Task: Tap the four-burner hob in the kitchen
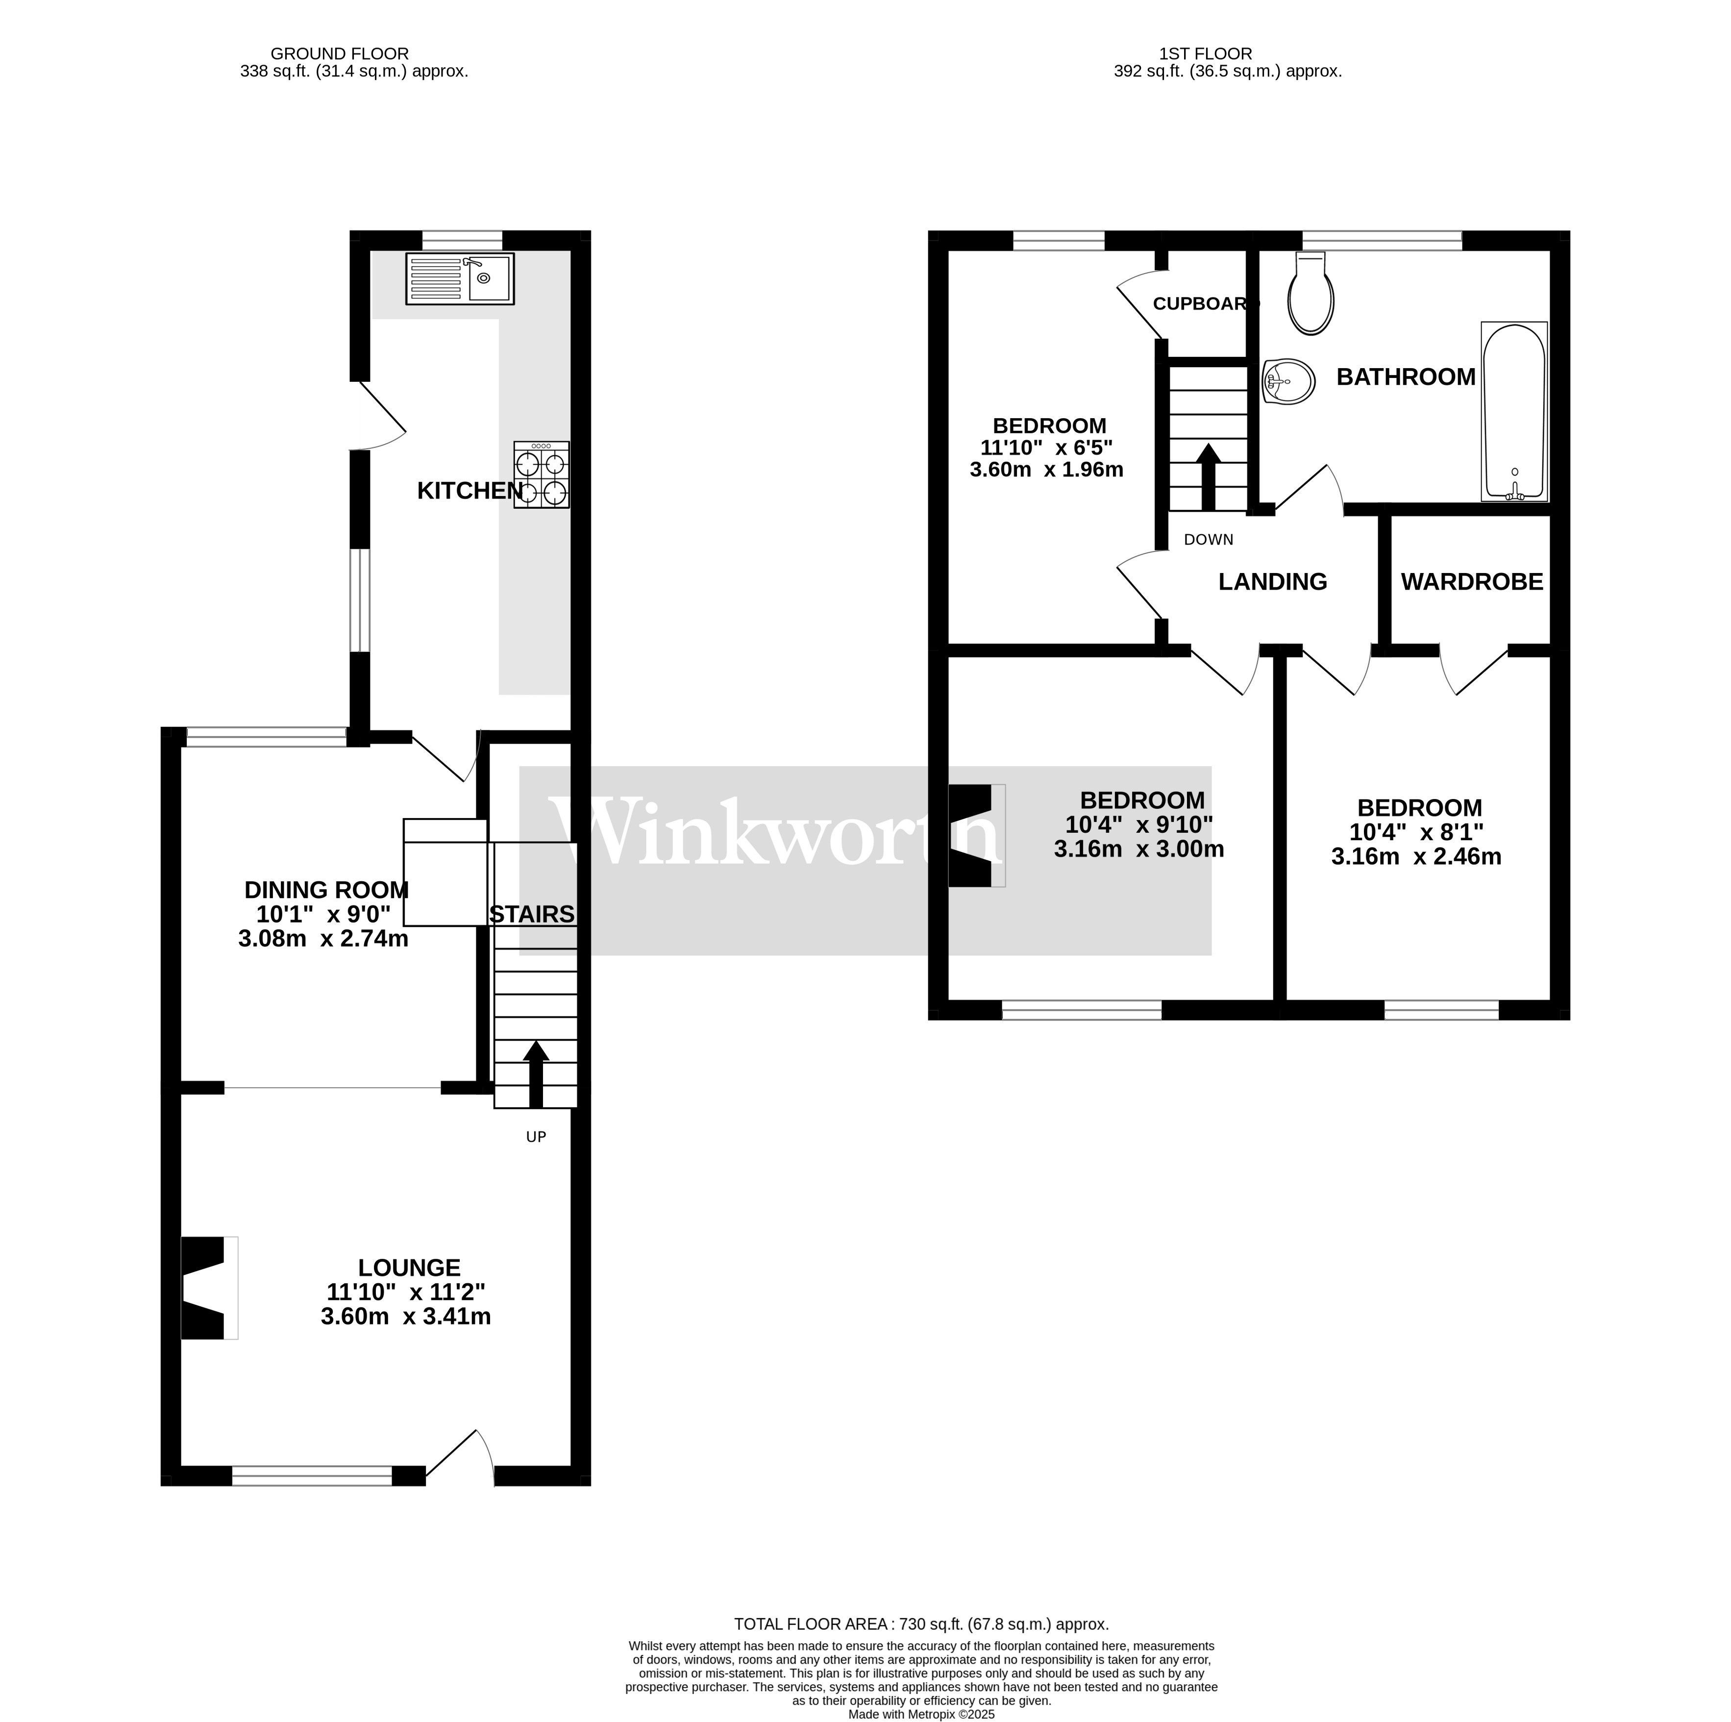tap(541, 475)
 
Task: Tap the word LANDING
tap(1272, 582)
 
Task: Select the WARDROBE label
tap(1472, 582)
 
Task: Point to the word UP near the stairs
tap(536, 1137)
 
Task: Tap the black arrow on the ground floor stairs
tap(536, 1074)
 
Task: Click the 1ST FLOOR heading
tap(1205, 54)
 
